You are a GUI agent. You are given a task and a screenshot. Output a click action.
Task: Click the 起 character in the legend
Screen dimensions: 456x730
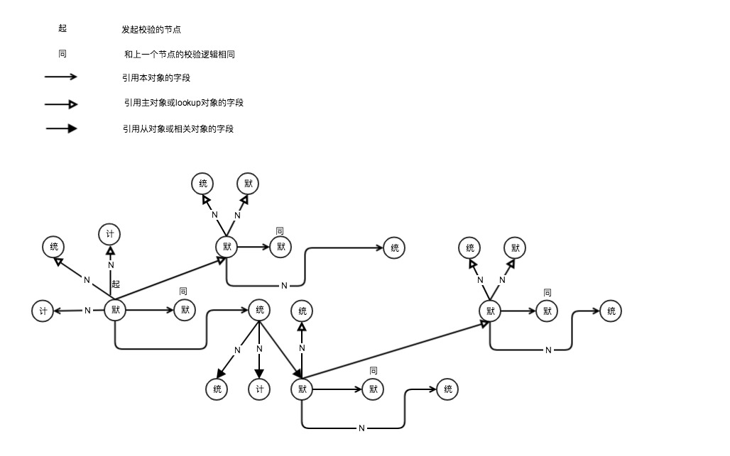coord(62,29)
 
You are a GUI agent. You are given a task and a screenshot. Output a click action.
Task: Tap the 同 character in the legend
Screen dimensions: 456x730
coord(62,54)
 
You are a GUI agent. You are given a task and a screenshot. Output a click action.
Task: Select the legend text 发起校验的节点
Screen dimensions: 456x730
coord(151,30)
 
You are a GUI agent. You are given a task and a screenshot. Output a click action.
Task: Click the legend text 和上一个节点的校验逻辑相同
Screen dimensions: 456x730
coord(179,55)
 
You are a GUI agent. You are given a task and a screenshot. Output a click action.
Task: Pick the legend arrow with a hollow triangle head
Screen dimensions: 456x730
coord(61,104)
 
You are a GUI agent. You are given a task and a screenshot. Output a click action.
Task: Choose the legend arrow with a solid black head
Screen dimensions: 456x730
coord(62,128)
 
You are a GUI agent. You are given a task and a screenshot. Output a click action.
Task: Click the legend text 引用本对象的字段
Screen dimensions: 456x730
coord(156,78)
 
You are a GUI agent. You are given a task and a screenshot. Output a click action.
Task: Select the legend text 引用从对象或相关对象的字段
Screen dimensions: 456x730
coord(178,129)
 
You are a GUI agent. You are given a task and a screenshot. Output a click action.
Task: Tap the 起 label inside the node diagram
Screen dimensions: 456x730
coord(116,284)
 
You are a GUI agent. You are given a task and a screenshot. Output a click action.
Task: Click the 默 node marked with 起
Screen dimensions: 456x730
coord(115,310)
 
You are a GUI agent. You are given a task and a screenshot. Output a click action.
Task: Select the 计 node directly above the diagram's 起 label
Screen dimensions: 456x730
coord(110,233)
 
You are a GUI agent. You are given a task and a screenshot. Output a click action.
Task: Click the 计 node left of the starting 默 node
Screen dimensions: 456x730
coord(43,311)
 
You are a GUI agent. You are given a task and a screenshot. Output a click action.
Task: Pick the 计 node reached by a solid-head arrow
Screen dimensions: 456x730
coord(259,389)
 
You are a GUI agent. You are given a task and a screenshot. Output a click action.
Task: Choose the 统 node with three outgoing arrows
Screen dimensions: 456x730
coord(259,310)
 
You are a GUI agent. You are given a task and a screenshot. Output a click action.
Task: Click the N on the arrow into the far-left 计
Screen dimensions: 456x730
coord(87,311)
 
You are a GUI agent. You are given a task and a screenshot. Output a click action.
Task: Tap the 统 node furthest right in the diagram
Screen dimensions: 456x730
coord(611,310)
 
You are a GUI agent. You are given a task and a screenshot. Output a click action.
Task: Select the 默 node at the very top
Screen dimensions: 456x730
coord(248,184)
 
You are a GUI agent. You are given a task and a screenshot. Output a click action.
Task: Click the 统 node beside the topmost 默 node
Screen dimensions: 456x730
coord(202,184)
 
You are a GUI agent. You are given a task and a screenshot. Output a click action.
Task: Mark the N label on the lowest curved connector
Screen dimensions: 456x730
coord(361,428)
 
